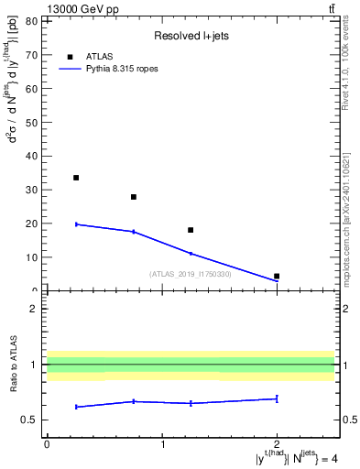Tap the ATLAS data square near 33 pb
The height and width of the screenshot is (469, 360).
(x=76, y=178)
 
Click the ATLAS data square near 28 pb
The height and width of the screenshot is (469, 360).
(x=134, y=197)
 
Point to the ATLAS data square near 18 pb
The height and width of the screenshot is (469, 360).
(x=191, y=230)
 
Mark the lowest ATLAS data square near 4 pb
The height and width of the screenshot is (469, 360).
(x=277, y=276)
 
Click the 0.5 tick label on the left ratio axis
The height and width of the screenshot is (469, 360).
(x=28, y=420)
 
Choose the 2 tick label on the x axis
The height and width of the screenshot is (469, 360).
(x=277, y=444)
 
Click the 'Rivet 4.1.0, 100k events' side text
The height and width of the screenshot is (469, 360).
(x=345, y=65)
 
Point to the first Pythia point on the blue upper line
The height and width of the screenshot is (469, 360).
(x=76, y=224)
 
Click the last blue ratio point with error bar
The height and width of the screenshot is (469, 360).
(x=277, y=398)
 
